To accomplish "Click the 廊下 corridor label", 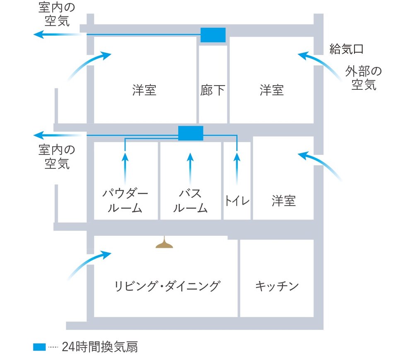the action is tap(213, 90).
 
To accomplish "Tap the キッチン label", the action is tap(277, 286).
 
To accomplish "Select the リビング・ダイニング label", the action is tap(167, 286).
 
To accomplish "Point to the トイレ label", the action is tap(237, 201).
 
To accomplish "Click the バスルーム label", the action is tap(190, 201).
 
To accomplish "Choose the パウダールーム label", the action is tap(125, 201).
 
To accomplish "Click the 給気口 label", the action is tap(346, 49).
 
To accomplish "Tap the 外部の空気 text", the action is tap(364, 78).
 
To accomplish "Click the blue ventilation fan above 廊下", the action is tap(213, 35).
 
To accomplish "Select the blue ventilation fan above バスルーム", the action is tap(191, 133).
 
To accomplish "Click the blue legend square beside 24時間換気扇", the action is tap(39, 347).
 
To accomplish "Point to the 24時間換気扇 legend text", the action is tap(100, 347).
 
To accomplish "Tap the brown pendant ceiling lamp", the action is tap(164, 243).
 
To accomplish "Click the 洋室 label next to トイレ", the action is tap(283, 201).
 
